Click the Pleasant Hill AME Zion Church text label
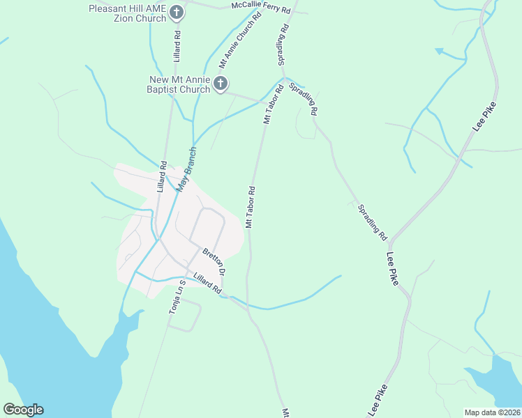127,13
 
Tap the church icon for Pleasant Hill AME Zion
177,12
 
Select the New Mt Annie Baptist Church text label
178,84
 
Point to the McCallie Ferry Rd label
260,7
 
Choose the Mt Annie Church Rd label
239,43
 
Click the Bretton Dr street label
214,263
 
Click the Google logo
23,410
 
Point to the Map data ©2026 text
492,412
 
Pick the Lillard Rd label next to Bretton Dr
207,282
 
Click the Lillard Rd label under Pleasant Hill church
177,44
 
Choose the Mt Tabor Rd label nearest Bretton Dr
250,207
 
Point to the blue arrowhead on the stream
439,51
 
